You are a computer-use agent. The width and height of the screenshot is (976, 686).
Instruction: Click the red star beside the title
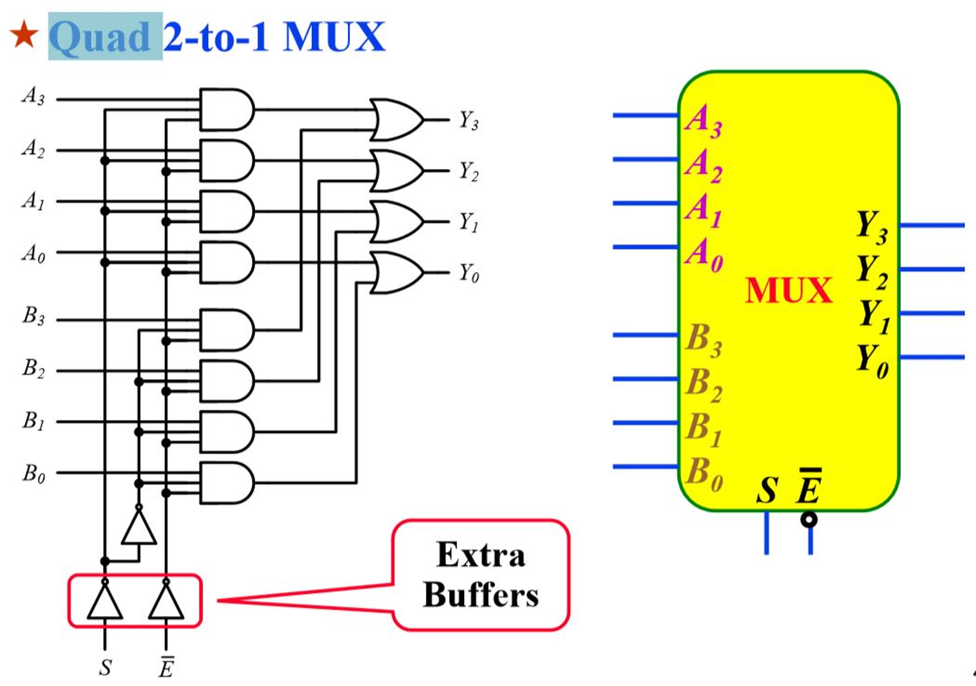[x=24, y=34]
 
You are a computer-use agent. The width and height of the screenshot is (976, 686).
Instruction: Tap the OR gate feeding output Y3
[x=395, y=120]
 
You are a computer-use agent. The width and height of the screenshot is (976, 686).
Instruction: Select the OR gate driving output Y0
[x=395, y=272]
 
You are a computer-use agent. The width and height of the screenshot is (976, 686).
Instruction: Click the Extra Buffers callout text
[x=480, y=575]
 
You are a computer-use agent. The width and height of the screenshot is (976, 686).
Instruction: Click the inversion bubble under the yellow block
[x=809, y=519]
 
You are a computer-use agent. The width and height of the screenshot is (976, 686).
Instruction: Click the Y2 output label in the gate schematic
[x=468, y=172]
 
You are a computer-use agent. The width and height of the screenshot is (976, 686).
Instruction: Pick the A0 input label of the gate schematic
[x=33, y=253]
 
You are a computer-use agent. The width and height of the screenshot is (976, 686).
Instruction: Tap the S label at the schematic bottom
[x=105, y=667]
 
